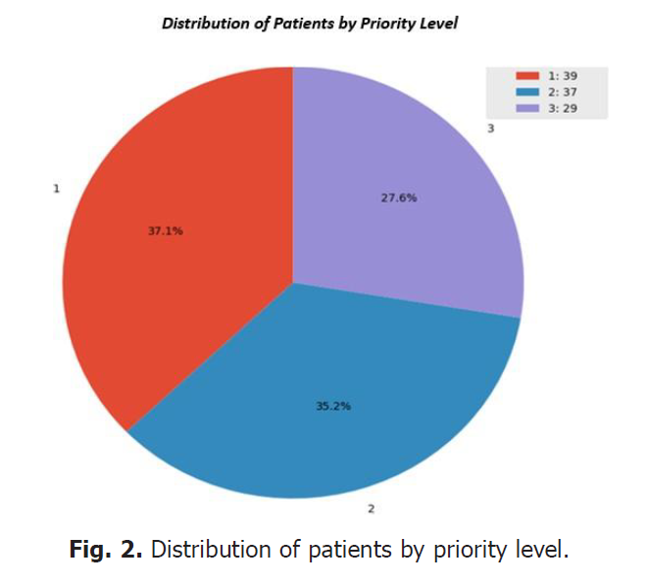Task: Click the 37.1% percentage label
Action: pyautogui.click(x=166, y=232)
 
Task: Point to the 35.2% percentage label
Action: pyautogui.click(x=333, y=406)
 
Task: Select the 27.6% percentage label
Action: pyautogui.click(x=399, y=197)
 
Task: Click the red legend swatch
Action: pyautogui.click(x=527, y=75)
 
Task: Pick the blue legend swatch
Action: pyautogui.click(x=527, y=90)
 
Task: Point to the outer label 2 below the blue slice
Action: pyautogui.click(x=371, y=509)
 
